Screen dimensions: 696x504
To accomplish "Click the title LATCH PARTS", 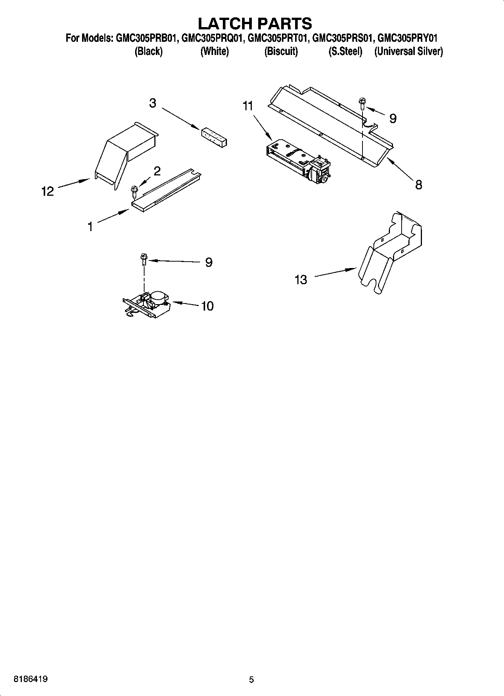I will point(255,23).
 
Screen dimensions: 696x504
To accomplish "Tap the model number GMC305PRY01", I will point(407,38).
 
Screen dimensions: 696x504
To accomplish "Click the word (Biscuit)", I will point(281,51).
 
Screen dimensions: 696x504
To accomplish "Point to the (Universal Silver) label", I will point(408,51).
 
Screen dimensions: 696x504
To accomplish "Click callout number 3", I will point(152,103).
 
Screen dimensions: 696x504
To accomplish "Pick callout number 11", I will point(248,107).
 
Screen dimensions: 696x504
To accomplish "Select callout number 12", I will point(47,191).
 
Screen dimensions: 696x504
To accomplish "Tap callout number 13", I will point(301,280).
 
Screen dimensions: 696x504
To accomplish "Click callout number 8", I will point(419,184).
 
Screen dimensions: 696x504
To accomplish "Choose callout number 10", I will point(207,306).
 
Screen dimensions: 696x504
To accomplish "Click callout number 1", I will point(90,227).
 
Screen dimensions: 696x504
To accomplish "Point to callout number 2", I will point(157,171).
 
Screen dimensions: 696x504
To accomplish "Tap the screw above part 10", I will point(143,259).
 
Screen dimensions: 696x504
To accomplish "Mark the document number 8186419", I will point(30,679).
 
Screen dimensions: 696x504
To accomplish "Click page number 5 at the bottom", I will point(251,679).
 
